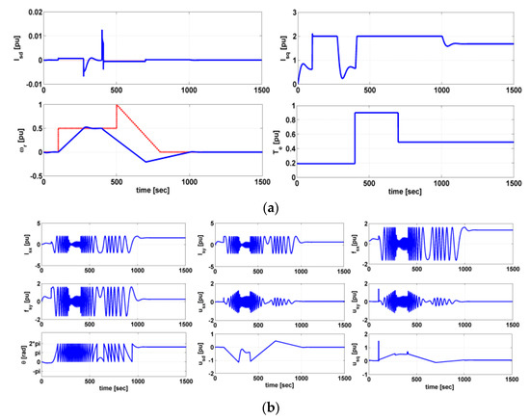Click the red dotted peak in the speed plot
coord(117,104)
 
